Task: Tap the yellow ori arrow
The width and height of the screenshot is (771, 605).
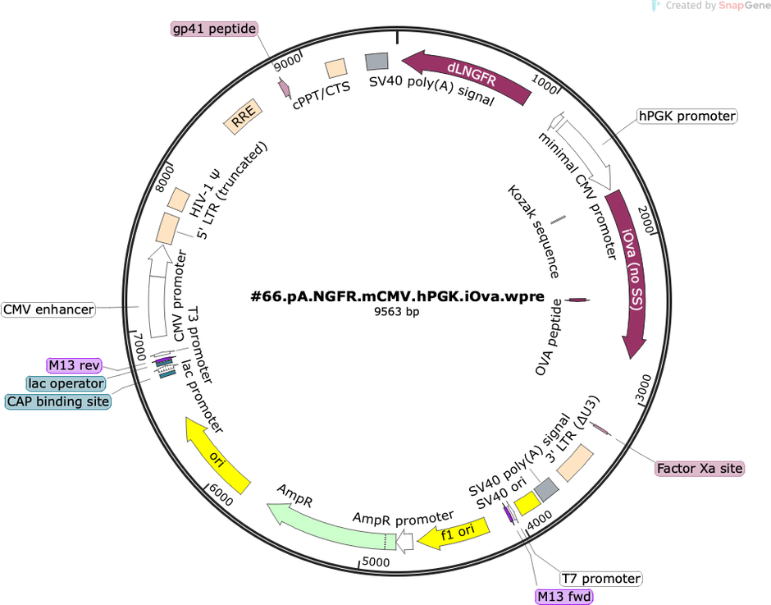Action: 216,456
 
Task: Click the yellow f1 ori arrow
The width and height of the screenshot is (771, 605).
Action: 455,533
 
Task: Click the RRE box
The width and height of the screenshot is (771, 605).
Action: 243,117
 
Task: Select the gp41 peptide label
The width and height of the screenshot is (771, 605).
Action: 214,29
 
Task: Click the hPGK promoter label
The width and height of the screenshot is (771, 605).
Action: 687,117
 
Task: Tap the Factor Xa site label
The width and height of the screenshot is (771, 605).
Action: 700,468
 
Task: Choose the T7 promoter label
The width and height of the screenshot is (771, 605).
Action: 601,579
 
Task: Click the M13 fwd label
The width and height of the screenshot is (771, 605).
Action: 564,597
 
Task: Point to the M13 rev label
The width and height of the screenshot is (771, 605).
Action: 75,365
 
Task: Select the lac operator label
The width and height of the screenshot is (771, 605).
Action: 66,383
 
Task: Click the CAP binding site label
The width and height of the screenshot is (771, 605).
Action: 58,401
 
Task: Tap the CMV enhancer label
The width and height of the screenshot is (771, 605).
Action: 48,309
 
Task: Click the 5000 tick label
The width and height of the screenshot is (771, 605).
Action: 376,562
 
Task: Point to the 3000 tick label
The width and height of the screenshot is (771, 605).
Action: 644,388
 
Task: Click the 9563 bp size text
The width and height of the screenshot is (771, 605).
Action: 396,312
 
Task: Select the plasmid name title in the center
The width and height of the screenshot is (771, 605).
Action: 397,296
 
